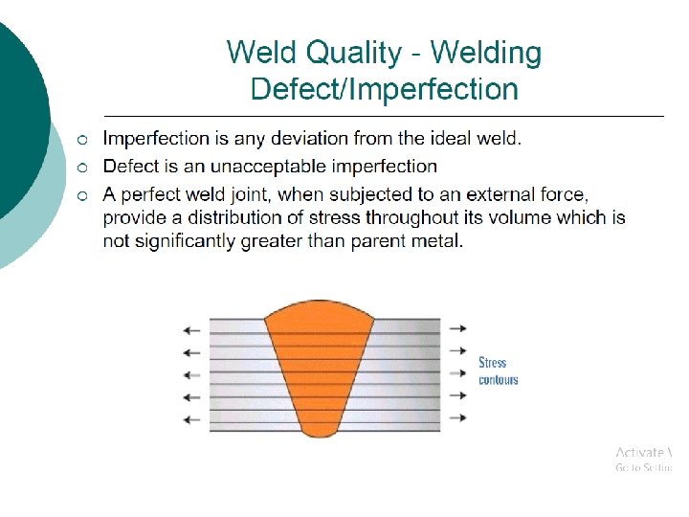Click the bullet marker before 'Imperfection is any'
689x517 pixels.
pyautogui.click(x=84, y=140)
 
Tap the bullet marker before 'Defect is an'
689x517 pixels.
pyautogui.click(x=84, y=168)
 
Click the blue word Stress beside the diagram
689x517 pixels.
pyautogui.click(x=493, y=363)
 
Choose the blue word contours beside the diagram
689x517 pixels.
pyautogui.click(x=499, y=380)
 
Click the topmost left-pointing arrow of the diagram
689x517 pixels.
pyautogui.click(x=191, y=329)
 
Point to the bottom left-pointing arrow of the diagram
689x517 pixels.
pyautogui.click(x=191, y=418)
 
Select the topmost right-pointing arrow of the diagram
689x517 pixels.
pyautogui.click(x=458, y=328)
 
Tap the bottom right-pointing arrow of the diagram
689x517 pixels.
pyautogui.click(x=458, y=418)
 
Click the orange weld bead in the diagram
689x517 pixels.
pyautogui.click(x=321, y=364)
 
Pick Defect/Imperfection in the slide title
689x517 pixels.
pyautogui.click(x=384, y=90)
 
